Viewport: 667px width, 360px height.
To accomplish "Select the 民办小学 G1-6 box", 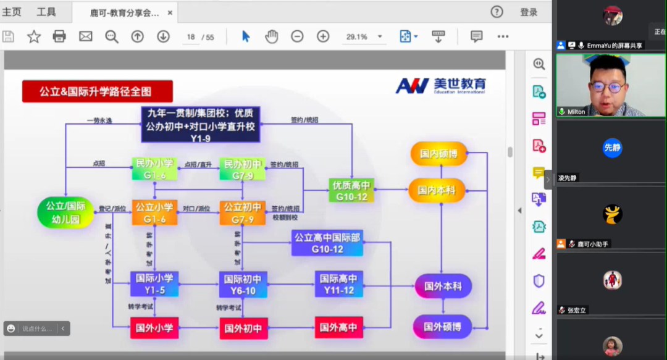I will click(154, 169).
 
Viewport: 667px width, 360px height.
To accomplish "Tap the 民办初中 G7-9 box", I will click(242, 169).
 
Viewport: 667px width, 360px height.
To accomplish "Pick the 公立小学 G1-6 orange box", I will click(154, 212).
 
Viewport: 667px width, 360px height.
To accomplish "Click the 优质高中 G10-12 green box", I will click(351, 190).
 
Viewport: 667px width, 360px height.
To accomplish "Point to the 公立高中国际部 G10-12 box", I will click(327, 243).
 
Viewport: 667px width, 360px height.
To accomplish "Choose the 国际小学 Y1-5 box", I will click(154, 284).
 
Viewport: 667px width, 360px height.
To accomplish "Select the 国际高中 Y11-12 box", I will click(338, 284).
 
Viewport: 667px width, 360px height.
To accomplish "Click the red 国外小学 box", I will click(154, 328).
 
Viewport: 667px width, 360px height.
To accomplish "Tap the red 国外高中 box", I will click(338, 328).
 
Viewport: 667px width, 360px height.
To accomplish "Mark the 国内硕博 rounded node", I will click(438, 154).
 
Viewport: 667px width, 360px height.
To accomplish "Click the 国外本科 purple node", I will click(442, 287).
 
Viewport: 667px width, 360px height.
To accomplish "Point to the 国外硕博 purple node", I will click(442, 327).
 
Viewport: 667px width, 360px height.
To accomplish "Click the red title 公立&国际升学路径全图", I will click(97, 92).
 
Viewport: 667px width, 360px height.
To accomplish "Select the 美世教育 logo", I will click(441, 85).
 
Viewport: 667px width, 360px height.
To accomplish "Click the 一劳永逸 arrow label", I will click(99, 120).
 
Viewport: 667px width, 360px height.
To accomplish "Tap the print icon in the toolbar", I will click(59, 36).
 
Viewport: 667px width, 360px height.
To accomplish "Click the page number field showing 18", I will click(191, 37).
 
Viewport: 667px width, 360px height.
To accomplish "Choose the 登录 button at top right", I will click(529, 12).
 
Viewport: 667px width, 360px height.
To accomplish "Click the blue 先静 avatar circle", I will click(612, 148).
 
